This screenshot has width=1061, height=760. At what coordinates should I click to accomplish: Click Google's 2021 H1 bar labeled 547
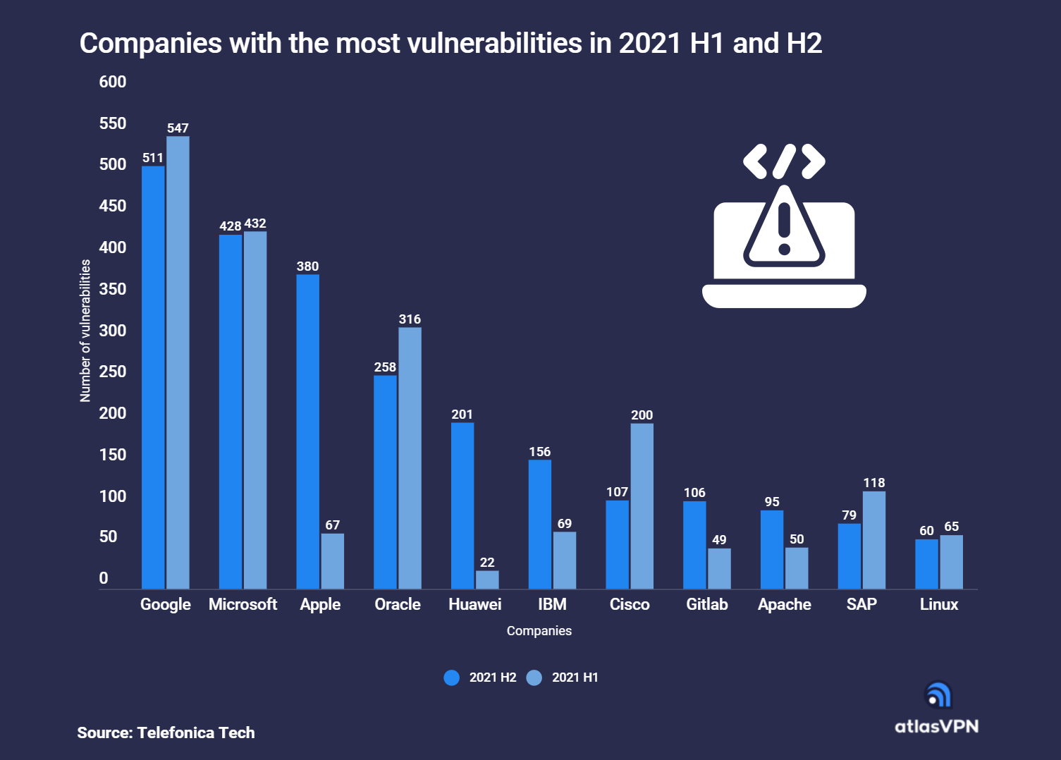(178, 362)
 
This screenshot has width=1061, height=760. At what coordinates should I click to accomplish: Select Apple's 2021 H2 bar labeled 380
(307, 431)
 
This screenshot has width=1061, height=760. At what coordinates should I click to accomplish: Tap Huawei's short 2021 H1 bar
(487, 580)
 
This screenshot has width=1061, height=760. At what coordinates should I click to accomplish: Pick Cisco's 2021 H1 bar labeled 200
(642, 505)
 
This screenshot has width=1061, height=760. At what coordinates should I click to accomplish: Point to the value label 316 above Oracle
(410, 319)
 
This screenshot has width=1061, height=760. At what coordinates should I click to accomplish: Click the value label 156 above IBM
(539, 452)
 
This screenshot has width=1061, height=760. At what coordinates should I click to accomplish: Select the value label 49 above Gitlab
(719, 540)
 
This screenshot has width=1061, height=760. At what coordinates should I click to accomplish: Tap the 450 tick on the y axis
(113, 206)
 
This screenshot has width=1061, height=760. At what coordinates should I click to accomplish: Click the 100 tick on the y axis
(113, 496)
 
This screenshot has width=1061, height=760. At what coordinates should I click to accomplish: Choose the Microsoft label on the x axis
(243, 604)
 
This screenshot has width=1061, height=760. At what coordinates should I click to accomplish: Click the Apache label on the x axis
(784, 604)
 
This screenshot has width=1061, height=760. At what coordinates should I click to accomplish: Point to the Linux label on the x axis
(938, 604)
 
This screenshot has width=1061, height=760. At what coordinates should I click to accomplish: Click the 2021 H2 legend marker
(452, 678)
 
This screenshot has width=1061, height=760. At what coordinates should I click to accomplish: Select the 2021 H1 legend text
(575, 678)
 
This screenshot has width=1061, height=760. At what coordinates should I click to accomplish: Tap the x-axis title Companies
(539, 631)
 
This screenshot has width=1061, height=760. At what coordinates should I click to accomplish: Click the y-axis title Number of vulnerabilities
(85, 331)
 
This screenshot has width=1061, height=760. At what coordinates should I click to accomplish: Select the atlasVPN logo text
(936, 726)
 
